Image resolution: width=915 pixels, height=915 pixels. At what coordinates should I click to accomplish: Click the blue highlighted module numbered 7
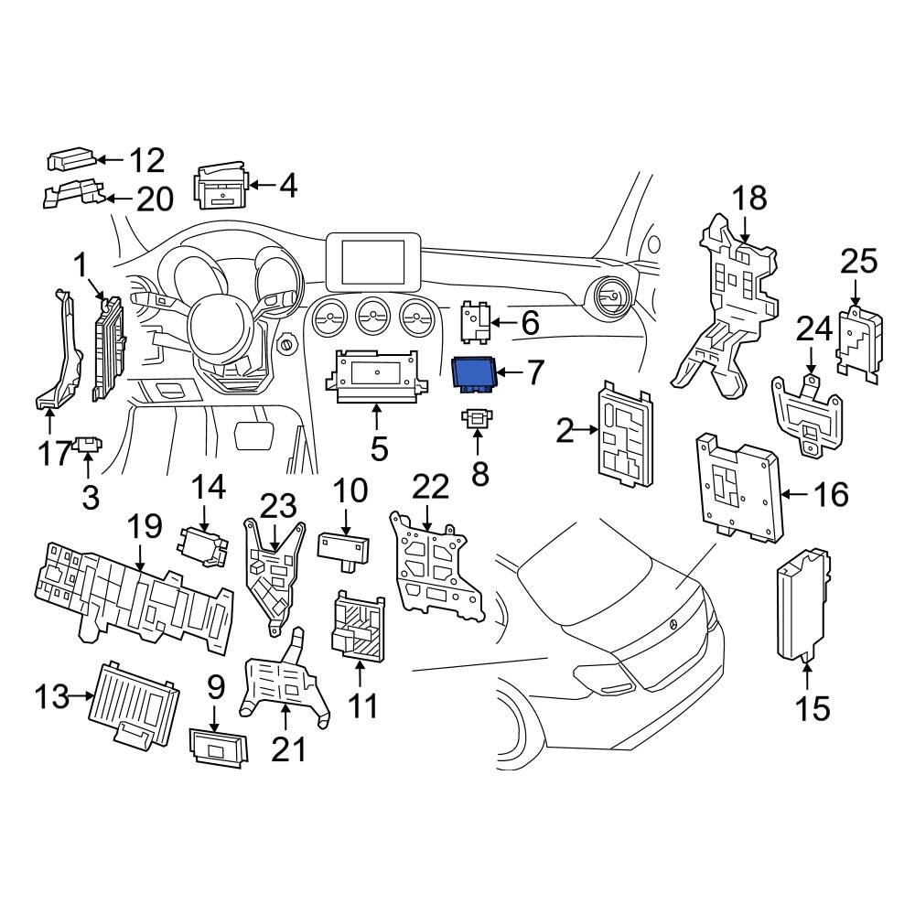click(x=474, y=373)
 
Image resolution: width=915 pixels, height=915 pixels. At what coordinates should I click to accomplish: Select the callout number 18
click(x=749, y=199)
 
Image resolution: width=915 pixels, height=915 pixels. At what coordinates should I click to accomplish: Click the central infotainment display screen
click(x=373, y=262)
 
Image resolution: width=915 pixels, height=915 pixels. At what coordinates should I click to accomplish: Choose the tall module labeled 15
click(x=802, y=604)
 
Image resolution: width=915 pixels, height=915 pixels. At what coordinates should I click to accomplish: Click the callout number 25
click(x=858, y=262)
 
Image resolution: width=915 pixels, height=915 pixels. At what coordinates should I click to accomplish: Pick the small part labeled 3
click(x=87, y=446)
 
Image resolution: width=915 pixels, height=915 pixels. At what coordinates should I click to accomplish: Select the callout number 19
click(x=145, y=527)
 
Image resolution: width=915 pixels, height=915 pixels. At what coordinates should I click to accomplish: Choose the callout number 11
click(x=361, y=706)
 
